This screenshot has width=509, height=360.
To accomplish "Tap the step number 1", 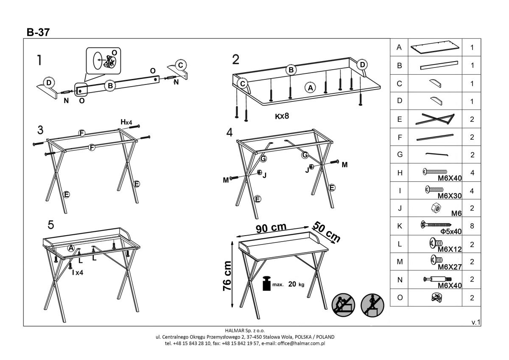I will coord(39,61).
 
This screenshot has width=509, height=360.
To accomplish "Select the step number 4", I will coord(229,133).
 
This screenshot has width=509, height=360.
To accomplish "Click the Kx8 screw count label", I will coord(282,115).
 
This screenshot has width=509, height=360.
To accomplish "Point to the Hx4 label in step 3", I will coord(126,122).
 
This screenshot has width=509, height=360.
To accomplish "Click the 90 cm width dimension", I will coord(271,228).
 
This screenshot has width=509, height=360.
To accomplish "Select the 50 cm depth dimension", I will coord(327,232).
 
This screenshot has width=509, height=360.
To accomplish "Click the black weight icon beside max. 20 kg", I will coord(266,284).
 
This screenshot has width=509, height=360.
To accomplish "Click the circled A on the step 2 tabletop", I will coord(310,88).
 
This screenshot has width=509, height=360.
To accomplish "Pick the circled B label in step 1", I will coord(110,86).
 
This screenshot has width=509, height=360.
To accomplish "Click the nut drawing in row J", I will coord(434,208).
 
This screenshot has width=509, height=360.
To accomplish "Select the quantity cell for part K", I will coord(472,226).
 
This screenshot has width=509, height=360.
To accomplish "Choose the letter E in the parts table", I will coord(399,119).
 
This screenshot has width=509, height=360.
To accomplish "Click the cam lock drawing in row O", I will coord(435,297).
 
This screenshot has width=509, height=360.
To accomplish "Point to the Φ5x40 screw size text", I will coord(451,231).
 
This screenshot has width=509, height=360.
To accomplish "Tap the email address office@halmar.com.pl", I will coord(301,343).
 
